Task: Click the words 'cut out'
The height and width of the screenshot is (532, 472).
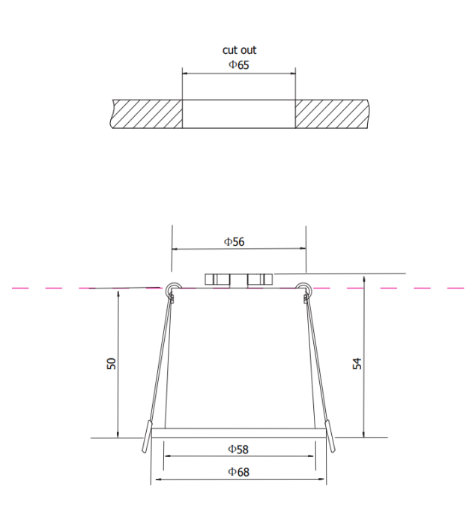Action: click(x=239, y=50)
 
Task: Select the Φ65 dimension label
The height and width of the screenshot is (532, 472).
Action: click(x=239, y=65)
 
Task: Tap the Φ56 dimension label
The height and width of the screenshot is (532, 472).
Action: click(x=235, y=241)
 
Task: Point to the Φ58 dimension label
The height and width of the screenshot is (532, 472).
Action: click(x=238, y=449)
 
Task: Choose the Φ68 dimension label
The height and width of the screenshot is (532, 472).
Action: click(x=238, y=471)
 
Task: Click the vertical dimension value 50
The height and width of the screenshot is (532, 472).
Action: click(x=112, y=363)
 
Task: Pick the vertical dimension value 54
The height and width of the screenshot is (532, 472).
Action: click(x=357, y=363)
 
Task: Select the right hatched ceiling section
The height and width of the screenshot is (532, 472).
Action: click(x=331, y=112)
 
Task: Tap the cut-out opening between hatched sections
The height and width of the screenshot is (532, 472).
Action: click(x=239, y=112)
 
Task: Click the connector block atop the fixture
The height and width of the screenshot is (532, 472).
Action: click(x=238, y=279)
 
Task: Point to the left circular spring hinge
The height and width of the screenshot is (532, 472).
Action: click(x=172, y=288)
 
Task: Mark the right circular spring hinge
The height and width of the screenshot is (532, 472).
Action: click(x=304, y=288)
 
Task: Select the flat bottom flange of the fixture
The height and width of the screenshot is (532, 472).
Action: click(x=238, y=432)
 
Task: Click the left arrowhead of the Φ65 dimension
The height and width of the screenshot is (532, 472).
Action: click(x=186, y=73)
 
